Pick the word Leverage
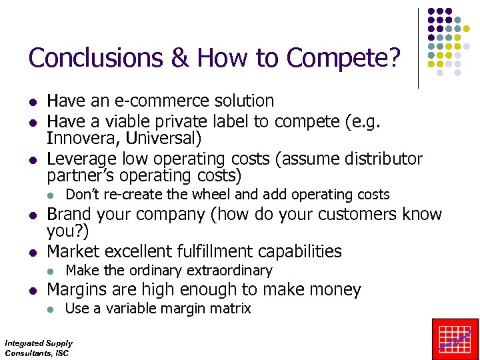click(x=81, y=159)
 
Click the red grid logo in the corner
click(x=455, y=339)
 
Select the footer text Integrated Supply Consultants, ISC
click(x=38, y=348)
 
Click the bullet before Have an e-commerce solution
click(x=31, y=102)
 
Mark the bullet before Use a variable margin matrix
click(x=51, y=309)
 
